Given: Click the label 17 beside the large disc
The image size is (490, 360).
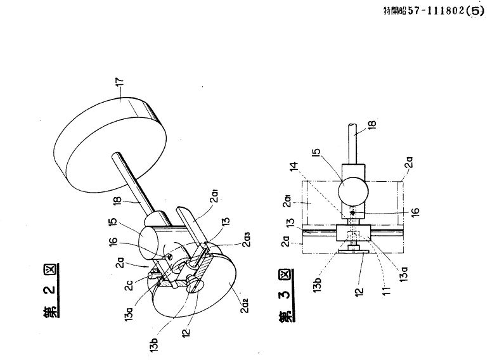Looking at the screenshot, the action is (x=120, y=82).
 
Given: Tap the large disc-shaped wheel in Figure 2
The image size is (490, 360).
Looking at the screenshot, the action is (x=110, y=145).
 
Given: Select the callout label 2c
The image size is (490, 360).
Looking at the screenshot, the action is (x=129, y=285).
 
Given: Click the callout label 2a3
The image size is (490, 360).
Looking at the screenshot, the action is (x=247, y=240).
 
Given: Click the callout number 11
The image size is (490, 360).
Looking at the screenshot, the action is (x=387, y=290).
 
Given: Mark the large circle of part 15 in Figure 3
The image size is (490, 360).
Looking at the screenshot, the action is (x=352, y=190).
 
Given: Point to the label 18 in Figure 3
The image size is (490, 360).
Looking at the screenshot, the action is (x=372, y=125).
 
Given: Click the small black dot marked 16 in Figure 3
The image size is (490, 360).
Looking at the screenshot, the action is (x=352, y=213).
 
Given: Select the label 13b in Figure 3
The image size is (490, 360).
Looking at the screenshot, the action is (x=317, y=283).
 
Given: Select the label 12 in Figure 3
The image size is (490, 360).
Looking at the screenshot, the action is (x=359, y=292).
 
